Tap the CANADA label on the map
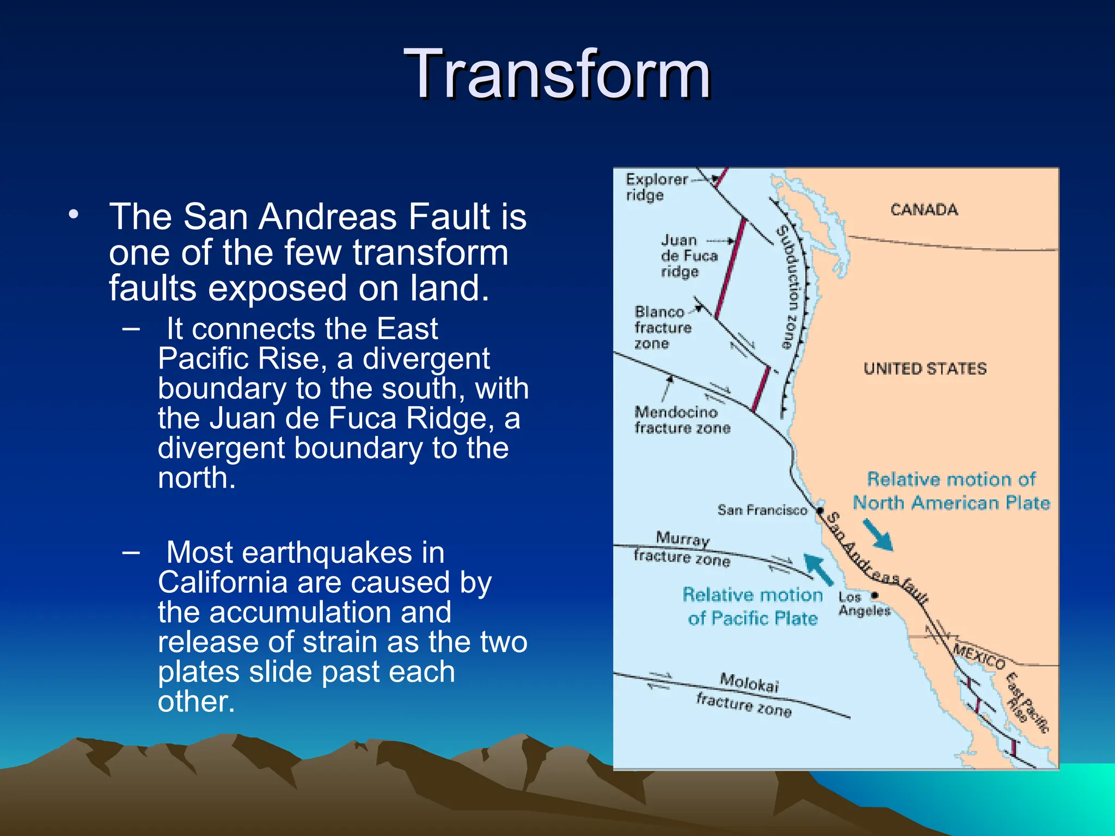click(x=924, y=210)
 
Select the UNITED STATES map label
click(x=924, y=368)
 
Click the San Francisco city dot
click(x=819, y=511)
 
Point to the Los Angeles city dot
click(x=875, y=595)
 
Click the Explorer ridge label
click(x=656, y=187)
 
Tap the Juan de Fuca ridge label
click(x=689, y=255)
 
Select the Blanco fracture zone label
click(x=662, y=327)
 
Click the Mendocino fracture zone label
click(x=681, y=420)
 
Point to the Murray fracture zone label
click(x=682, y=549)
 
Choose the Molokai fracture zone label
click(x=746, y=695)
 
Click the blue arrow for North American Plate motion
click(x=878, y=534)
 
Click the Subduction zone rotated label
click(x=789, y=287)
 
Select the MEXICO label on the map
click(x=978, y=656)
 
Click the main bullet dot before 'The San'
click(x=73, y=214)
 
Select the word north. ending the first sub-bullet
click(x=197, y=478)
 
